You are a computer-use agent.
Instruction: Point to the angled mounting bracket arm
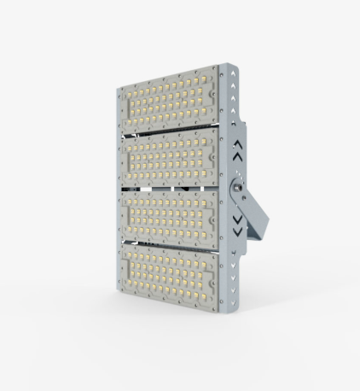[256, 213]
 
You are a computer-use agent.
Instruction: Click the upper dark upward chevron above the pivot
[238, 145]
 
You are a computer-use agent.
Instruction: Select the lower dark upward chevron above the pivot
[238, 155]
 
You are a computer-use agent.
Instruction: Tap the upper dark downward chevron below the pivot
[238, 219]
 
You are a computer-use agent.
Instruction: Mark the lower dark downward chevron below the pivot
[238, 231]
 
